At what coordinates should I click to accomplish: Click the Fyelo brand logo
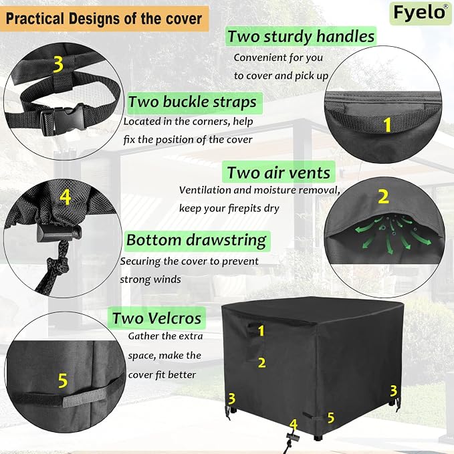tap(420, 13)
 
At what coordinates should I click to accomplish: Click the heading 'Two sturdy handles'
tap(301, 36)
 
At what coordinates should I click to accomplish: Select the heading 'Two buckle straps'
tap(193, 102)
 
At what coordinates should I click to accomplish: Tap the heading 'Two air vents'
tap(279, 173)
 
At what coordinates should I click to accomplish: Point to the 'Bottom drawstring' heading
tap(197, 240)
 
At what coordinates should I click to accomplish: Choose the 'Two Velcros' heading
tap(156, 318)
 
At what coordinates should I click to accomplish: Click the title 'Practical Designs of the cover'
tap(104, 19)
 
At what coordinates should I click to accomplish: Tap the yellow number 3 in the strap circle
tap(58, 64)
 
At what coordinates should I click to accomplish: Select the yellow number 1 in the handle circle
tap(388, 125)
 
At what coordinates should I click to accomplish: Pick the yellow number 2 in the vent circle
tap(383, 197)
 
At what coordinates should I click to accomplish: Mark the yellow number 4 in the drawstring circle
tap(66, 197)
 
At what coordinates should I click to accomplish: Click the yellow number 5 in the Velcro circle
tap(63, 380)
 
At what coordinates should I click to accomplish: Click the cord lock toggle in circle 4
tap(59, 233)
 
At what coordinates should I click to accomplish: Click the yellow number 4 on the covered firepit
tap(294, 425)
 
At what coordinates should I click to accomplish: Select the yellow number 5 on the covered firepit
tap(331, 417)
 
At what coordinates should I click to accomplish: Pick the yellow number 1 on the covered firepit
tap(261, 331)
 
